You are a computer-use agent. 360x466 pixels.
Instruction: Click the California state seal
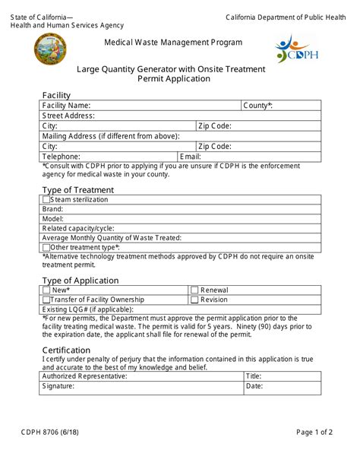(50, 49)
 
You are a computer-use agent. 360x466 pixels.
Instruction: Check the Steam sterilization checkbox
(46, 200)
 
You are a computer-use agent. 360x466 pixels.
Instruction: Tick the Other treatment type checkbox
(46, 247)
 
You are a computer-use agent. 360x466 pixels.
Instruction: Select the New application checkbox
(46, 290)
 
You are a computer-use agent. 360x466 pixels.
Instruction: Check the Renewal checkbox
(194, 290)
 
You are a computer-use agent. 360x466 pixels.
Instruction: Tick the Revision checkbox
(194, 300)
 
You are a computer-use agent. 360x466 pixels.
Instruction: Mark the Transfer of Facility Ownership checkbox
(46, 300)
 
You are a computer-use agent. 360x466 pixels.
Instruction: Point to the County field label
(258, 106)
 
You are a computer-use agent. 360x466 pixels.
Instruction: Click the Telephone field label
(62, 157)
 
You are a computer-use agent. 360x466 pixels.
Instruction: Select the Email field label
(169, 157)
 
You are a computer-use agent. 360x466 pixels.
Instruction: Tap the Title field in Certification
(292, 376)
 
